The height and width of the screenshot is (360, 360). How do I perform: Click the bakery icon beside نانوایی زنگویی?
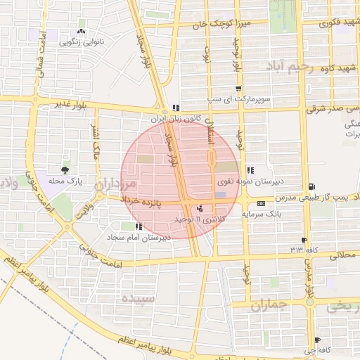click(x=82, y=32)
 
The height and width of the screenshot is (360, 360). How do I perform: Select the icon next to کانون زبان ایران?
click(x=175, y=108)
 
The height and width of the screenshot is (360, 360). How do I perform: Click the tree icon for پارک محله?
click(x=65, y=170)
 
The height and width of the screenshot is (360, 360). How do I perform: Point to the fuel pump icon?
click(x=310, y=187)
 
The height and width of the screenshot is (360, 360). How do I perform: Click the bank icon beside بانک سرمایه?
click(x=262, y=203)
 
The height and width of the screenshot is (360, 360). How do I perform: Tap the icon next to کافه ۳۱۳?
click(x=303, y=240)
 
